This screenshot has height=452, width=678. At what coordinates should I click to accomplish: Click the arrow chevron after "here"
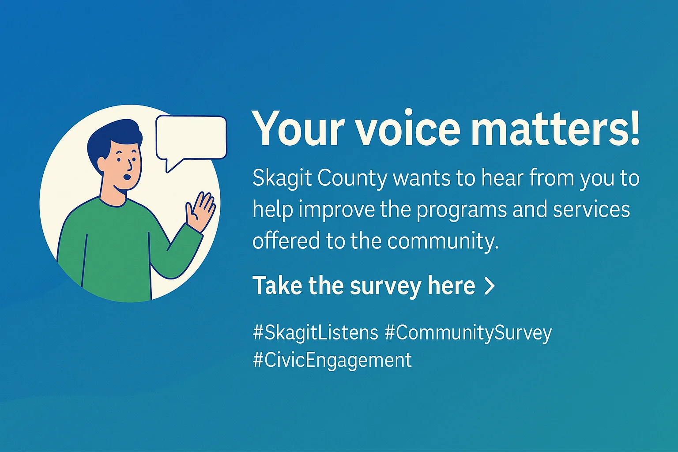coord(490,286)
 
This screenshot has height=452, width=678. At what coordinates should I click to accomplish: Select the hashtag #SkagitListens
coord(316,333)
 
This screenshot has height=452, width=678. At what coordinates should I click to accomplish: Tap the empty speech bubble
coord(191,138)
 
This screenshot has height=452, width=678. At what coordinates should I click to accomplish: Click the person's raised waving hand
coord(200,211)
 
